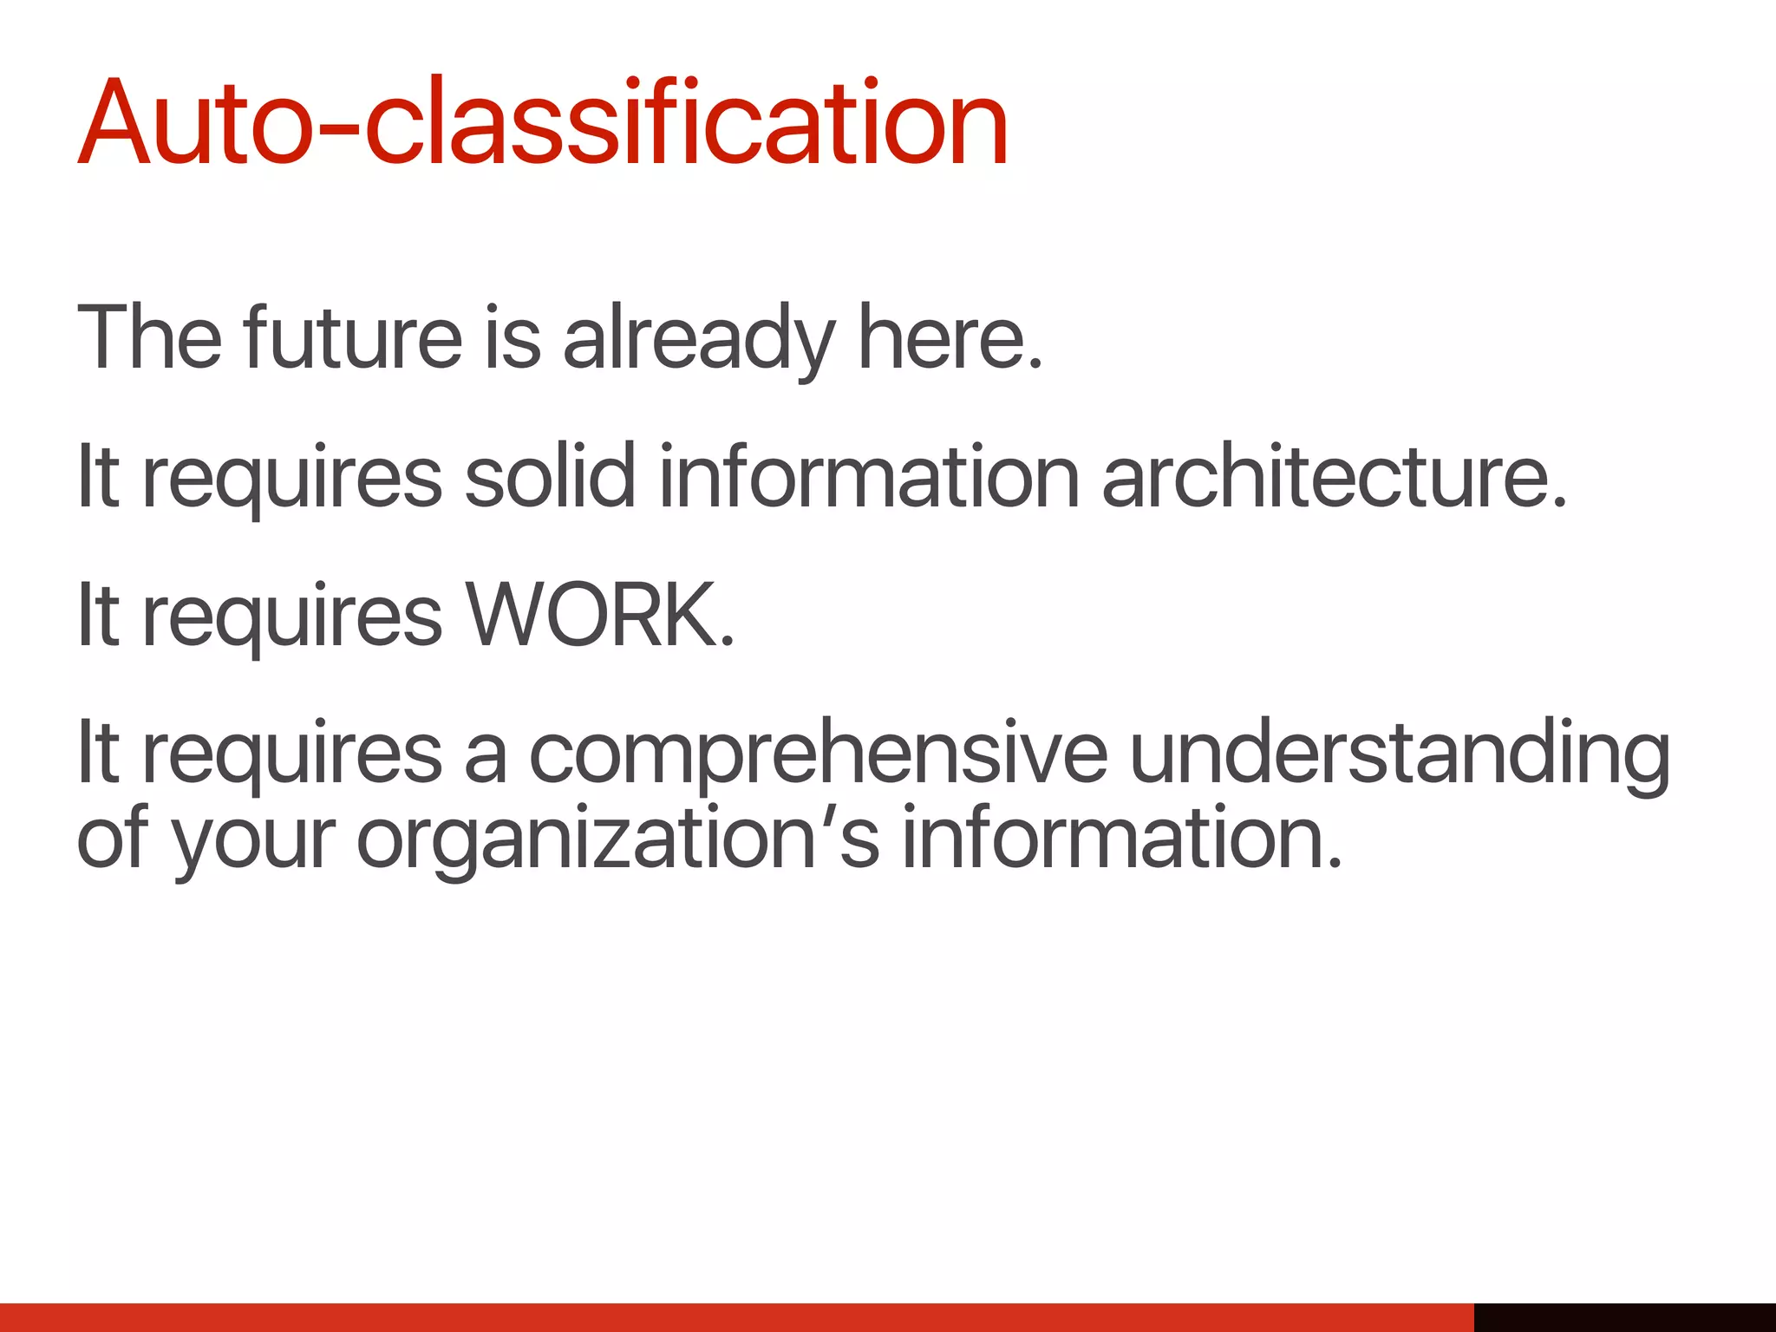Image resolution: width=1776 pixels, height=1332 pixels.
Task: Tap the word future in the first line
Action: click(x=352, y=338)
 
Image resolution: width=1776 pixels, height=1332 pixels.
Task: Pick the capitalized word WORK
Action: click(x=598, y=614)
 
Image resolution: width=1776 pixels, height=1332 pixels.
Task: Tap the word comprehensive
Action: click(x=818, y=753)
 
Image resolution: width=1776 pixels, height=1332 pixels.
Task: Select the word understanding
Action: click(x=1400, y=753)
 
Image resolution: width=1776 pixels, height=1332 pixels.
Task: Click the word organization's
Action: click(x=617, y=838)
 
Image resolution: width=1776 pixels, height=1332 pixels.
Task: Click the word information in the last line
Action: click(x=1121, y=838)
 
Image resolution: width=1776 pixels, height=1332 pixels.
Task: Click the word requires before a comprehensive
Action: click(x=292, y=753)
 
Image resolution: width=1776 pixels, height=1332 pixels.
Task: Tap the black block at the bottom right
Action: click(x=1624, y=1316)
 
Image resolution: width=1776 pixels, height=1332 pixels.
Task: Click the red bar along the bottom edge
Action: click(x=737, y=1316)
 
